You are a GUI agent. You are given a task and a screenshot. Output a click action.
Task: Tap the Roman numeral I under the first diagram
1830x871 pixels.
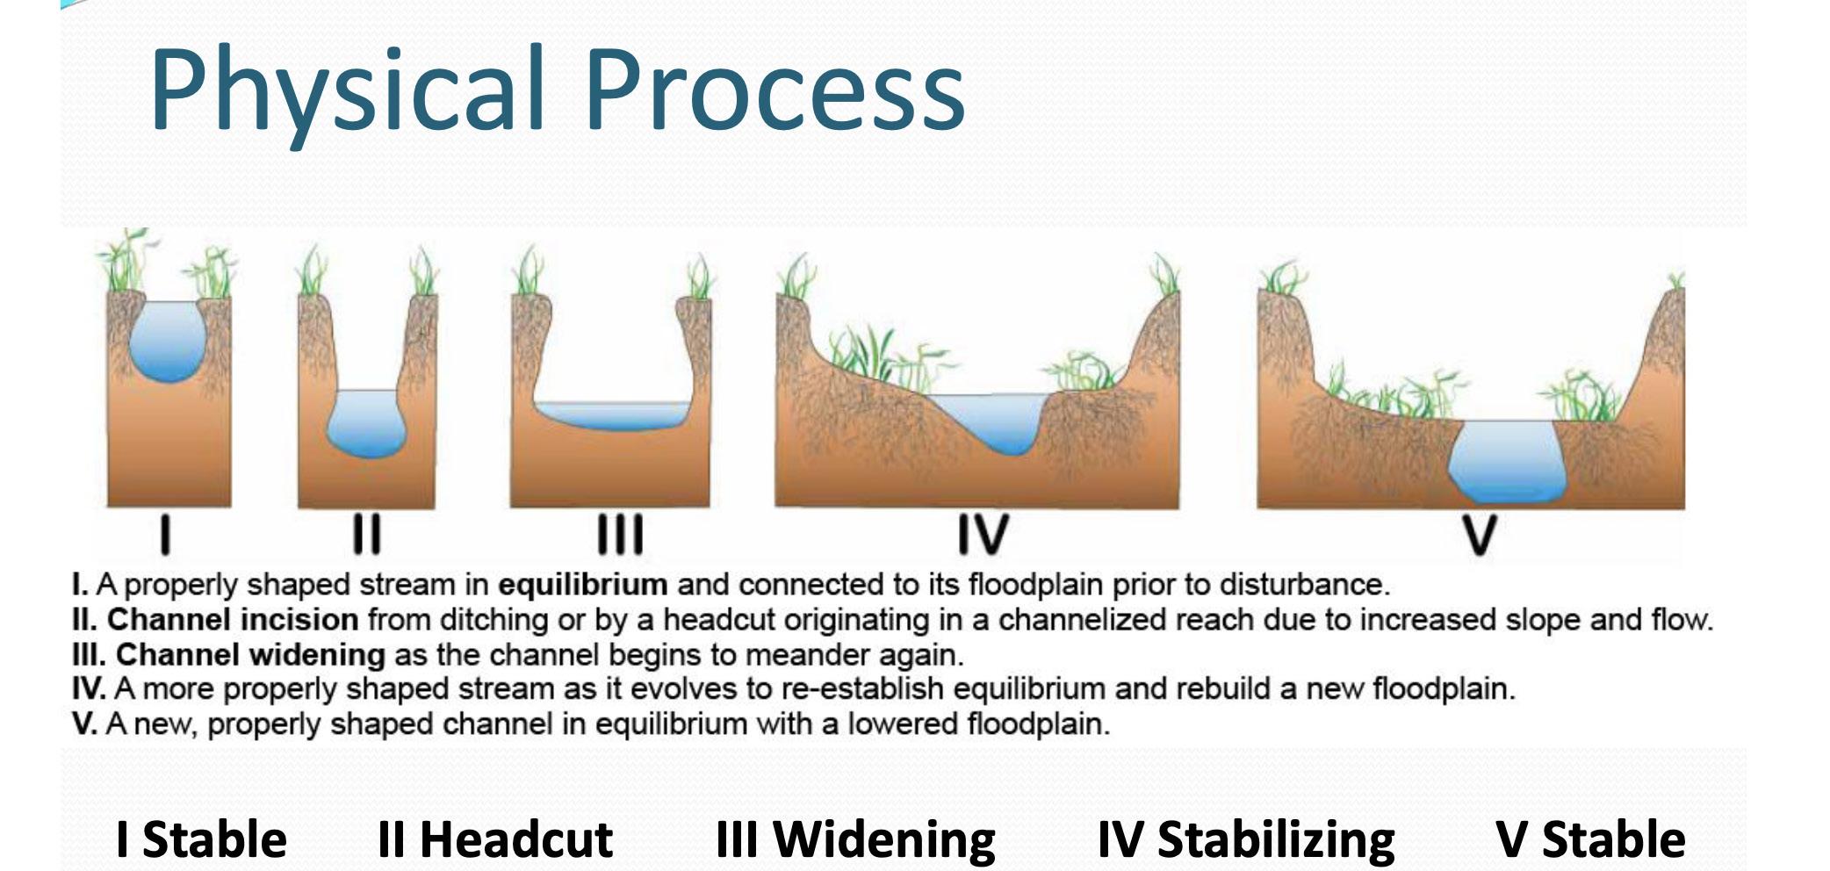click(x=165, y=535)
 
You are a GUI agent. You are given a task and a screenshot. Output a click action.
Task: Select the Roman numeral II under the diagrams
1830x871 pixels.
click(x=367, y=535)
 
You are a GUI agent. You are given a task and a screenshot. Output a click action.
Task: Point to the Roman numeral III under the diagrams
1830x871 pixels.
click(x=620, y=535)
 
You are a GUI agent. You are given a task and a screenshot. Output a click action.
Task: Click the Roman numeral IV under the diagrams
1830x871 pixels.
click(x=983, y=535)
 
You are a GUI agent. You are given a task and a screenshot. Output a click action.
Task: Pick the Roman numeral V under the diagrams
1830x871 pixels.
click(x=1479, y=535)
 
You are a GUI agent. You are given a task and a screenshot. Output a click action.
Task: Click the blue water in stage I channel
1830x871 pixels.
click(x=169, y=341)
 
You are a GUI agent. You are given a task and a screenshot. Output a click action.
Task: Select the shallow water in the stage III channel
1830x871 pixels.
click(x=612, y=415)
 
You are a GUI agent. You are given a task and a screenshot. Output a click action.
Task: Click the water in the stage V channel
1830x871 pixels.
click(x=1507, y=460)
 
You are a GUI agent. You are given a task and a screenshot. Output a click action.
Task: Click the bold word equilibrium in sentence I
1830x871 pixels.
click(x=583, y=585)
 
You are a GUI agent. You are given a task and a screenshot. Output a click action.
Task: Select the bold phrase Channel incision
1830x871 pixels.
click(x=233, y=620)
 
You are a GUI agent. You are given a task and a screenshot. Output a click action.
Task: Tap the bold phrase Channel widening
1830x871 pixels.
click(x=250, y=655)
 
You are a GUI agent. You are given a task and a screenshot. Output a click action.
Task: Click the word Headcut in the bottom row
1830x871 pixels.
click(x=516, y=839)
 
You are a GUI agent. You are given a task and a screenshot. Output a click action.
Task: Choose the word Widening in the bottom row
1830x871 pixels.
click(x=884, y=839)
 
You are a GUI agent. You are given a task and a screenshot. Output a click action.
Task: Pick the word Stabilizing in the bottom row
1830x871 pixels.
click(x=1276, y=839)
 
